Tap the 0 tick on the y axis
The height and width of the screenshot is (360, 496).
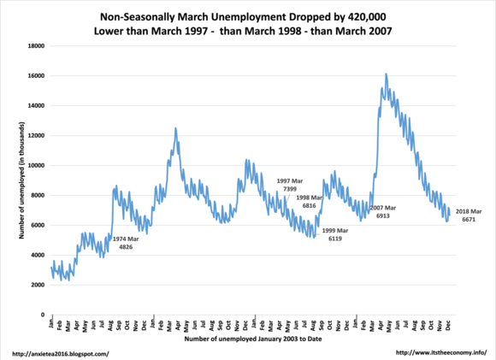(x=43, y=315)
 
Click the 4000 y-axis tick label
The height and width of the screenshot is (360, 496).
(x=38, y=255)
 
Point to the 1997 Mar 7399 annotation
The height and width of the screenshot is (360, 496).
(x=290, y=185)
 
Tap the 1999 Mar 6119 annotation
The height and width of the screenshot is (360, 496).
(x=335, y=234)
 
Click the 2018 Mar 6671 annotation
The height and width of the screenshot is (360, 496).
(x=469, y=215)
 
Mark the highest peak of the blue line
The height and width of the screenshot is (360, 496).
(x=387, y=74)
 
